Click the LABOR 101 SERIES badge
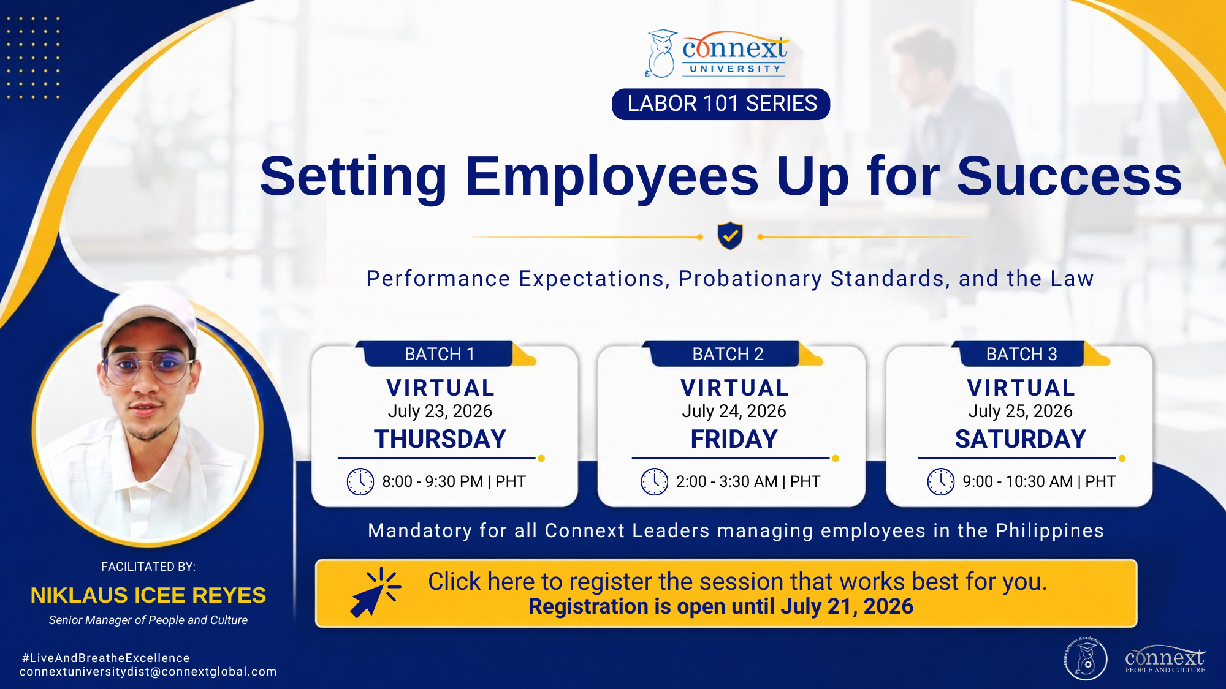pos(721,104)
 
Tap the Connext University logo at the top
pos(717,53)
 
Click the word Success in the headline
pos(1070,176)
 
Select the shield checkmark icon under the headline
pos(730,236)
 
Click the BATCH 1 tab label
pos(440,354)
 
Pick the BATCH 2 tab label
pos(728,354)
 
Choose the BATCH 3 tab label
pos(1021,354)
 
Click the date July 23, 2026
pos(440,411)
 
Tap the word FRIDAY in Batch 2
pos(734,439)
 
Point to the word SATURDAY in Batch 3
pos(1021,439)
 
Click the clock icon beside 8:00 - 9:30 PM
pos(360,481)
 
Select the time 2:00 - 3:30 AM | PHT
pos(748,481)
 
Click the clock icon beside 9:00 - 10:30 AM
pos(941,481)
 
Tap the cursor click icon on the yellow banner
pos(375,592)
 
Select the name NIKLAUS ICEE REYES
pos(148,595)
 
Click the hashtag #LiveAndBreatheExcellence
pos(106,658)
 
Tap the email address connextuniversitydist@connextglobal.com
pos(148,672)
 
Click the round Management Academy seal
pos(1086,658)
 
